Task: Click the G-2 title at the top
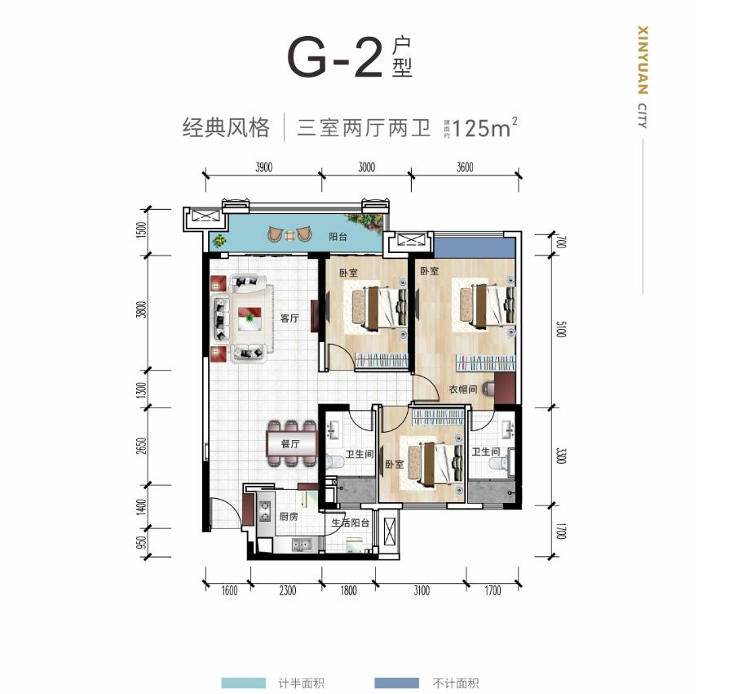334,57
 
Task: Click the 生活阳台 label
350,523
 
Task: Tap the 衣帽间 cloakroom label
462,389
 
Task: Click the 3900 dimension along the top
263,167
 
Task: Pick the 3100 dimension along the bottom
421,591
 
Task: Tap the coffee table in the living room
250,317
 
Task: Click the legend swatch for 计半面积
243,683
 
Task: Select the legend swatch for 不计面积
396,683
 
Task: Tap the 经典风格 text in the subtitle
225,128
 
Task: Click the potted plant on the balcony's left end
219,240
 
